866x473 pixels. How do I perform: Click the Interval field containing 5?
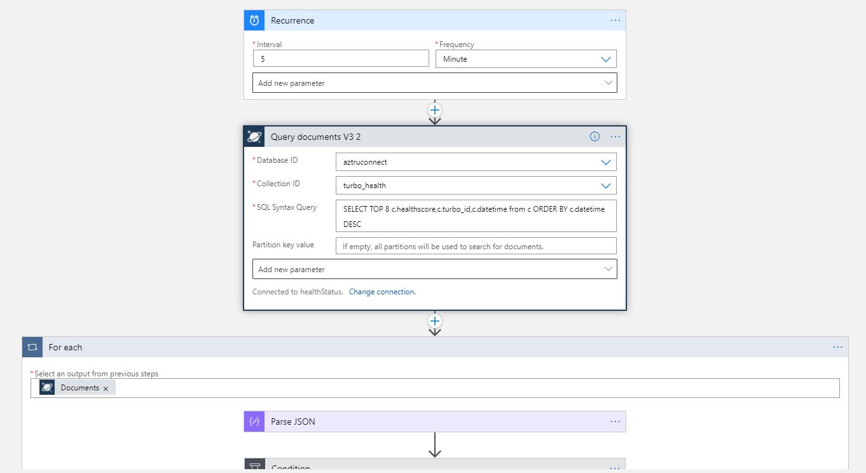click(x=341, y=58)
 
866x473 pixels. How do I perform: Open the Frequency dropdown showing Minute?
click(x=525, y=59)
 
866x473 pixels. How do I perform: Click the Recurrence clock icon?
click(x=254, y=20)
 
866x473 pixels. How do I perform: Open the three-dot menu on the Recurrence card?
click(x=615, y=20)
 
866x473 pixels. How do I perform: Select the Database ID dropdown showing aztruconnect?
click(x=476, y=162)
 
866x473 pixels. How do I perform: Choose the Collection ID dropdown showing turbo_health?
click(x=476, y=186)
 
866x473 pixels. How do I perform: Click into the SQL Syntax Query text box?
click(x=476, y=216)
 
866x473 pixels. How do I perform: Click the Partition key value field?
click(x=476, y=246)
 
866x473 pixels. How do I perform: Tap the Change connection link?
click(x=382, y=292)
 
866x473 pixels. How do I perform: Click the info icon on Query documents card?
click(x=595, y=137)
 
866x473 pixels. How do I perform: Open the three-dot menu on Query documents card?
click(x=615, y=137)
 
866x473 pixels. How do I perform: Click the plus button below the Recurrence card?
click(x=435, y=110)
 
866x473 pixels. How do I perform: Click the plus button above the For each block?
click(x=435, y=321)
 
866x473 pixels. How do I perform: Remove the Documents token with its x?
click(x=106, y=388)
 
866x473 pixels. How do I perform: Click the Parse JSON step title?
click(x=293, y=422)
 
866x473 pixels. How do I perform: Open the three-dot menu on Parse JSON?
click(x=615, y=422)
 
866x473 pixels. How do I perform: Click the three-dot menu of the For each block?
click(x=837, y=347)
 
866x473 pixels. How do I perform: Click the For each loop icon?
click(x=32, y=347)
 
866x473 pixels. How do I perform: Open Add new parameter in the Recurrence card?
click(x=435, y=83)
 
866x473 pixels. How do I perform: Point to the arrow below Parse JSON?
click(x=435, y=445)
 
